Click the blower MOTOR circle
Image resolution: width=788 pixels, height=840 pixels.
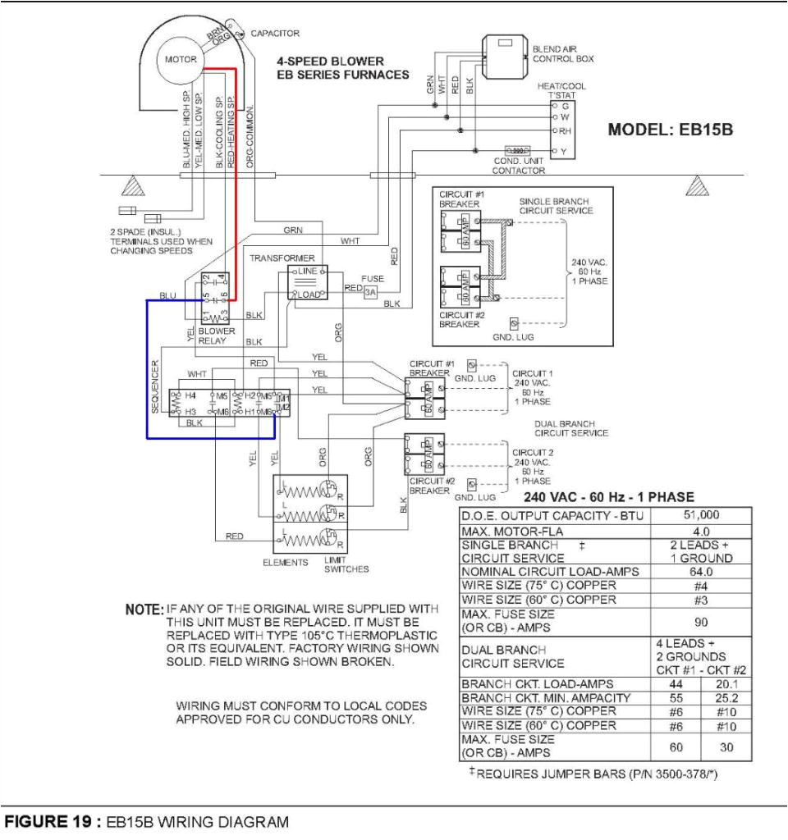click(180, 60)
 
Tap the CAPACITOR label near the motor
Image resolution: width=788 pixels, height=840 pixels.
click(275, 34)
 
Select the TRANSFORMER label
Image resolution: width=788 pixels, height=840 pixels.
click(277, 257)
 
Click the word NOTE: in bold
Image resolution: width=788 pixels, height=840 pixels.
click(144, 610)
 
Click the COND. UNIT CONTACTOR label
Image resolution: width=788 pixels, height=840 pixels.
click(519, 166)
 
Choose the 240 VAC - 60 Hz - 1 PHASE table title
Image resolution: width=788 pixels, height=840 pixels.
click(608, 497)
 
